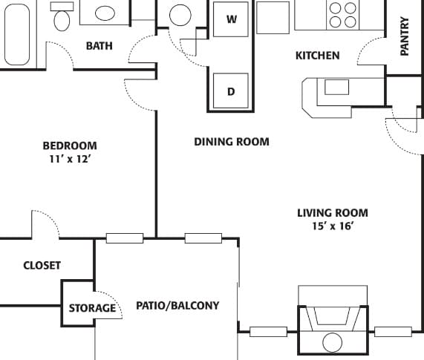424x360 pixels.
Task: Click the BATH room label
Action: click(x=100, y=46)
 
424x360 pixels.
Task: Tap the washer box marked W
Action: click(x=231, y=19)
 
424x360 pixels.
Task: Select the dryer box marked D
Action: click(x=231, y=91)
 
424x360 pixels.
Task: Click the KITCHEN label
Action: click(x=317, y=56)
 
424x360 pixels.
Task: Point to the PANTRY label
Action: click(x=405, y=37)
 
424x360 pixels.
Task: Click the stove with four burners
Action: click(x=342, y=14)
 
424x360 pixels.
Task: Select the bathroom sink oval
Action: click(x=105, y=13)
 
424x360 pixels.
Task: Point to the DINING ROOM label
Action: click(x=231, y=142)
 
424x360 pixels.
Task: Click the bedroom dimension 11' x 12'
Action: click(x=69, y=159)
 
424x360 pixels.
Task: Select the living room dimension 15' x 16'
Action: click(x=332, y=226)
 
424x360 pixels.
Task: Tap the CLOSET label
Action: click(x=42, y=265)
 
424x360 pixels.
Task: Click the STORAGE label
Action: click(x=92, y=308)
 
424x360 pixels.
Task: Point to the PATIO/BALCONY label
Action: click(x=177, y=305)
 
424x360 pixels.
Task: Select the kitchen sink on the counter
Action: click(x=336, y=87)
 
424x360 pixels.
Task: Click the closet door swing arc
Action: click(x=45, y=223)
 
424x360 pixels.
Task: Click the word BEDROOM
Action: click(x=69, y=145)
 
